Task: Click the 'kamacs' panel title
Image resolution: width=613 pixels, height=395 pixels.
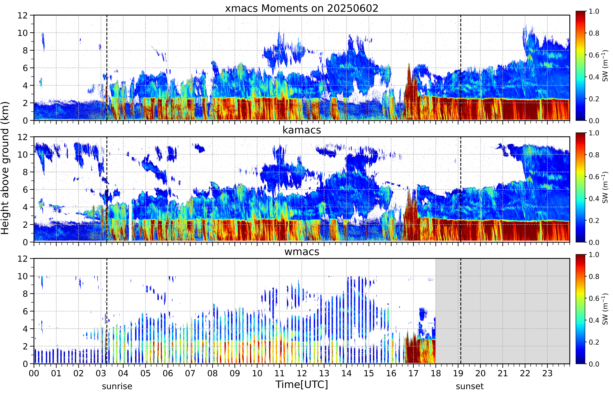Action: point(302,130)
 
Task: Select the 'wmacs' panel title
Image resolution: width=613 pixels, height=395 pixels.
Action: point(302,252)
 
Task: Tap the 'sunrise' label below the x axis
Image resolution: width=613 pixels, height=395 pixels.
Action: point(117,386)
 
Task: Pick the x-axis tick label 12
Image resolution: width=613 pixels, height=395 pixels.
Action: point(302,373)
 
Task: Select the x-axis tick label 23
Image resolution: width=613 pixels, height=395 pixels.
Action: point(547,373)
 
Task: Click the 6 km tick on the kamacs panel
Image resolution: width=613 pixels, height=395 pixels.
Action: point(25,190)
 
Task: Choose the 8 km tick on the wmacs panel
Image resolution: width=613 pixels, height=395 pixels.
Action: point(25,294)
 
